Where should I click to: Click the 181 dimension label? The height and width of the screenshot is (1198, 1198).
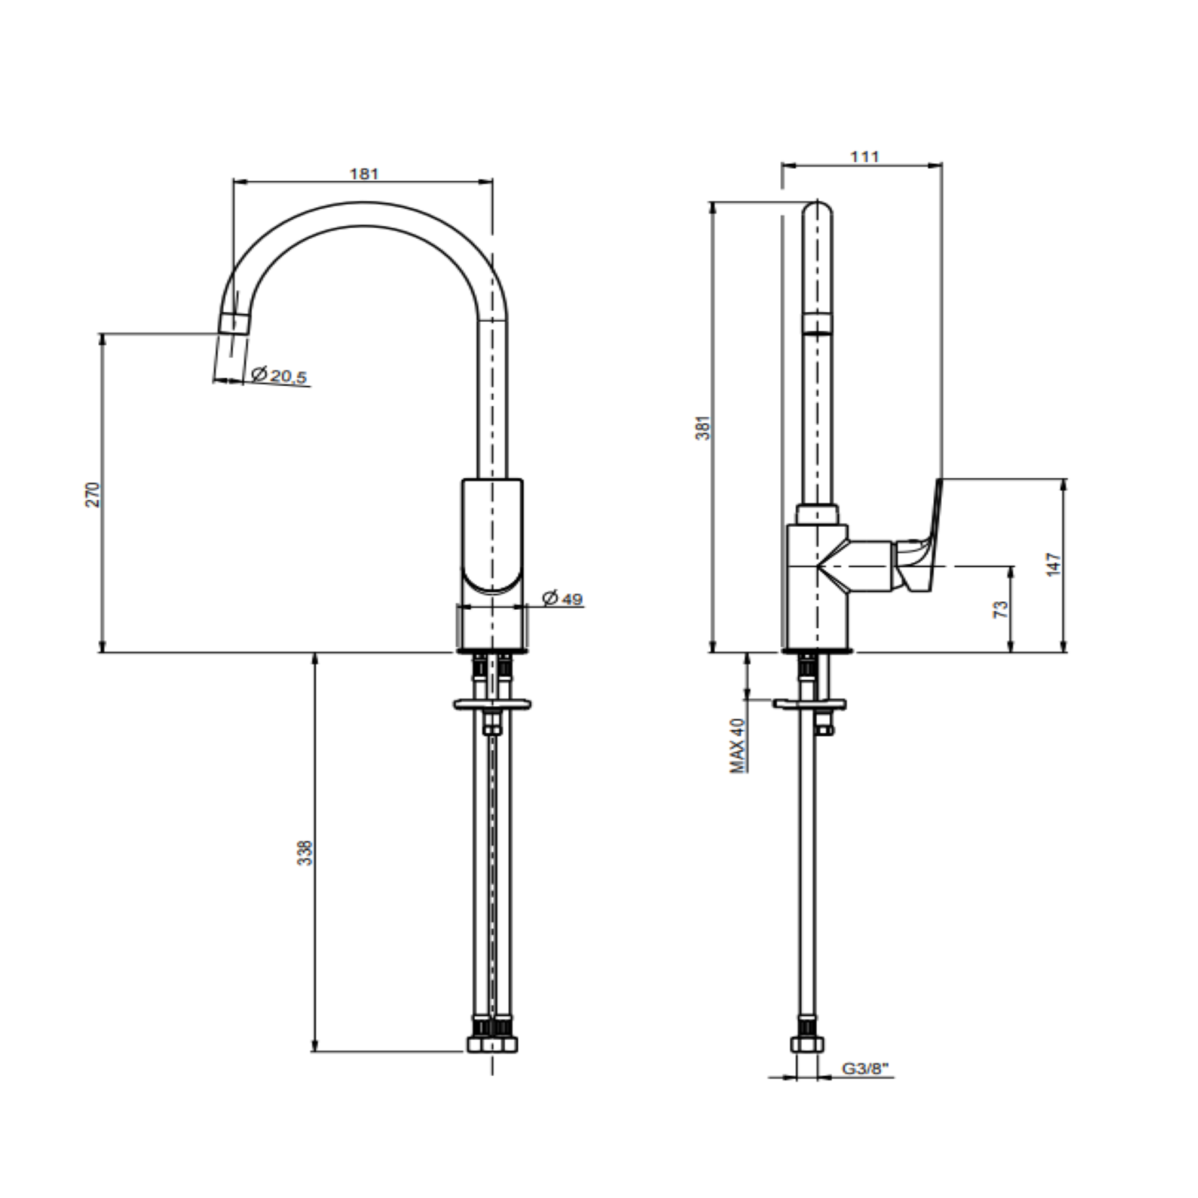click(364, 174)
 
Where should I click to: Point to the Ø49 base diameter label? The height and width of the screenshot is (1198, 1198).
click(563, 598)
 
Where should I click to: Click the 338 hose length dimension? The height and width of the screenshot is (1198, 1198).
click(307, 852)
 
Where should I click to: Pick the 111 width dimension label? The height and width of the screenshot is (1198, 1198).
click(865, 157)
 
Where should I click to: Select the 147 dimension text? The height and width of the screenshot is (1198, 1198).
click(1054, 564)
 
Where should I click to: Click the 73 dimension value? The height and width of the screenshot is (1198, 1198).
click(1001, 610)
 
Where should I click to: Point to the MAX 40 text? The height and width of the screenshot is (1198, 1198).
click(738, 746)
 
